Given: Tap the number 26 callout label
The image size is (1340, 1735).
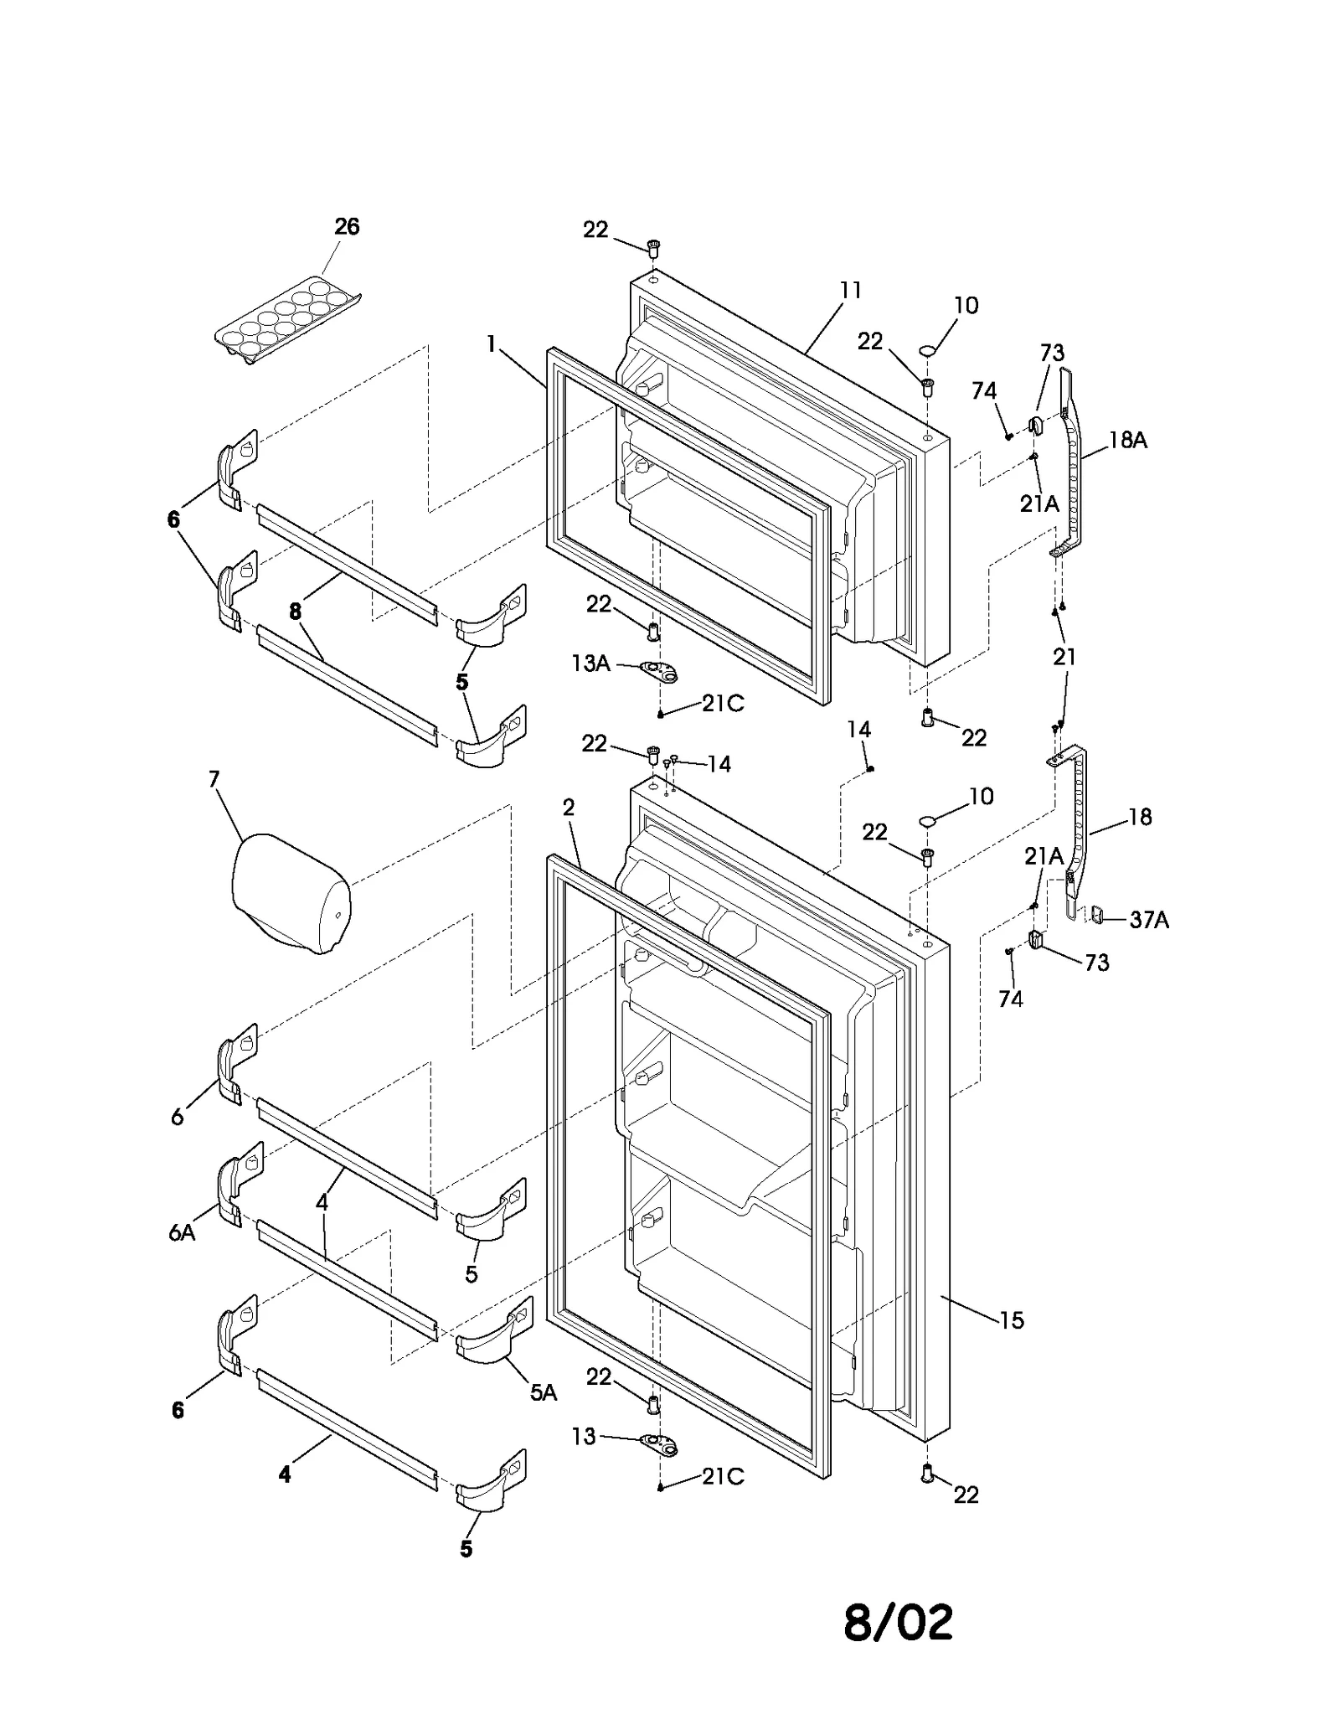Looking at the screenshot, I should pyautogui.click(x=347, y=226).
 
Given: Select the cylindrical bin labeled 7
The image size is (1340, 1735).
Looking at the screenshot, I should pyautogui.click(x=290, y=895).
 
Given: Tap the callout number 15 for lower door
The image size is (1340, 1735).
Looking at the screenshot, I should pyautogui.click(x=1012, y=1320).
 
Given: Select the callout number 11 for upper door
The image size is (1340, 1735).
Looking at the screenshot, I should pyautogui.click(x=850, y=291).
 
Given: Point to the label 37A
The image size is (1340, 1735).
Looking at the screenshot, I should pyautogui.click(x=1149, y=920).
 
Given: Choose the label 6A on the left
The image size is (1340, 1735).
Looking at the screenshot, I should pyautogui.click(x=182, y=1232).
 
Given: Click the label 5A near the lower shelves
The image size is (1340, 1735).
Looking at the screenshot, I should pyautogui.click(x=544, y=1392).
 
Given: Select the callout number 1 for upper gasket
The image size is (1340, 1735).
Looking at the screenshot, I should pyautogui.click(x=491, y=343).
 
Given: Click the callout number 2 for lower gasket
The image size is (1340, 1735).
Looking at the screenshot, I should pyautogui.click(x=569, y=808).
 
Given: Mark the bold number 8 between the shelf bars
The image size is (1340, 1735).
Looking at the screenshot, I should pyautogui.click(x=295, y=612).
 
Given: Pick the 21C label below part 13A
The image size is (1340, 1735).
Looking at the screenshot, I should pyautogui.click(x=722, y=704).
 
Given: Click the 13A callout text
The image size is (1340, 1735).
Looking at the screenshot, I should pyautogui.click(x=590, y=664).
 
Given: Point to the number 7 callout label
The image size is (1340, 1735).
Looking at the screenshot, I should pyautogui.click(x=214, y=779).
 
